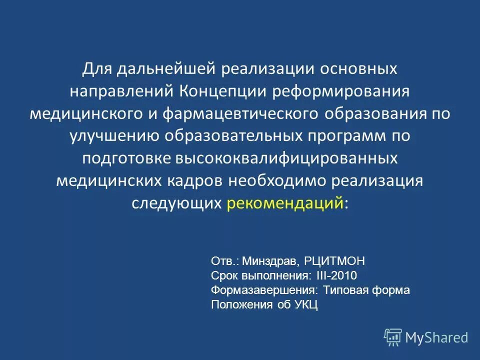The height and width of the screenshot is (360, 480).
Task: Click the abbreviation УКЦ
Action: pos(306,304)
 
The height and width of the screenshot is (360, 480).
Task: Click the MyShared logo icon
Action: pos(393,337)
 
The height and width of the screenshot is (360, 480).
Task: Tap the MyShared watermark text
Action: pos(436,337)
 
